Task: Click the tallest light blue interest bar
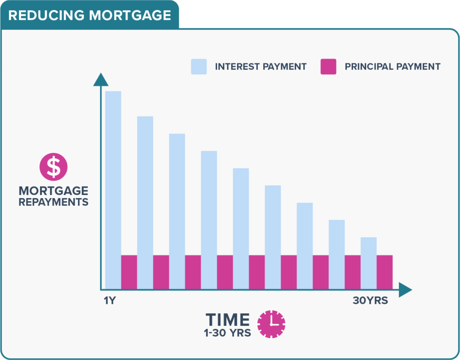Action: pyautogui.click(x=113, y=190)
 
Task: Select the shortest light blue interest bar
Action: pyautogui.click(x=368, y=263)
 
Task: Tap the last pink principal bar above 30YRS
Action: pyautogui.click(x=385, y=272)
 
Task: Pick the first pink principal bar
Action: pyautogui.click(x=129, y=272)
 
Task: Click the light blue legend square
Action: pyautogui.click(x=199, y=67)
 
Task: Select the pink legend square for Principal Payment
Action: pyautogui.click(x=328, y=67)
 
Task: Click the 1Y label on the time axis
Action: pyautogui.click(x=110, y=300)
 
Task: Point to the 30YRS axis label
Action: pyautogui.click(x=370, y=300)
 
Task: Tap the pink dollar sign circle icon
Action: pyautogui.click(x=53, y=167)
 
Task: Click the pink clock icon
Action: pyautogui.click(x=271, y=324)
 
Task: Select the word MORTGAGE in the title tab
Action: pyautogui.click(x=130, y=15)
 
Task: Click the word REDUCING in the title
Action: pyautogui.click(x=46, y=15)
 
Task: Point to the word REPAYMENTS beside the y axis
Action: pyautogui.click(x=53, y=202)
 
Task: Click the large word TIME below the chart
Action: pyautogui.click(x=228, y=320)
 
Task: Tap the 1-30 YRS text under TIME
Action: pyautogui.click(x=228, y=333)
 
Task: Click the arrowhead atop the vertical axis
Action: pyautogui.click(x=101, y=80)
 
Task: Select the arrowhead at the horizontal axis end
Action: pyautogui.click(x=406, y=290)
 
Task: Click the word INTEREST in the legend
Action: pyautogui.click(x=237, y=67)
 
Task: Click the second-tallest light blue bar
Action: pyautogui.click(x=145, y=203)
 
